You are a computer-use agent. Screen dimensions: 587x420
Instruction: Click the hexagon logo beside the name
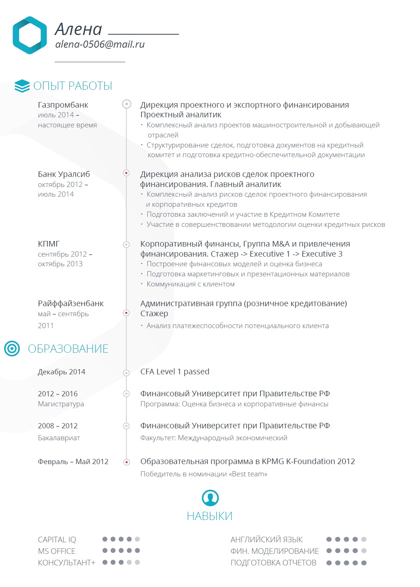click(x=30, y=35)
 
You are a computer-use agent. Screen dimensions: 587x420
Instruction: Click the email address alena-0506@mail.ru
click(x=100, y=44)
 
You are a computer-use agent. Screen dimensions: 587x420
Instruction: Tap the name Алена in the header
click(x=79, y=29)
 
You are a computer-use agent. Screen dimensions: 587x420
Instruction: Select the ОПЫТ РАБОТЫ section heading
click(x=73, y=86)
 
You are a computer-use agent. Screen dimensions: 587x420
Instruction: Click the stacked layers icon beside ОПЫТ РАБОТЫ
click(x=22, y=86)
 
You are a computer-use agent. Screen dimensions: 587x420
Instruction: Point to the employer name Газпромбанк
click(x=63, y=105)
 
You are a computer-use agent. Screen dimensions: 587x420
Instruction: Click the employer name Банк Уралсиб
click(x=64, y=174)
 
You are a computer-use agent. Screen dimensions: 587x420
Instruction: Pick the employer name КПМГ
click(x=49, y=244)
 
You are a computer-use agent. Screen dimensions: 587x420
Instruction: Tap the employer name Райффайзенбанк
click(x=71, y=304)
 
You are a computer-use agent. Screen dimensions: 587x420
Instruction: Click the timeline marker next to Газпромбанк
click(x=127, y=104)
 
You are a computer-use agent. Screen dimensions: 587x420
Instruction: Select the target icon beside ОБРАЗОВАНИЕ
click(x=12, y=349)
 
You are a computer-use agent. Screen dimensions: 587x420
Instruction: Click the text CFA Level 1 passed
click(x=175, y=372)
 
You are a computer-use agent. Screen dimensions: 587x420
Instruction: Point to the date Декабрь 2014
click(x=61, y=372)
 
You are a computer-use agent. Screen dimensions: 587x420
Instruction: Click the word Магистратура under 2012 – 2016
click(x=61, y=404)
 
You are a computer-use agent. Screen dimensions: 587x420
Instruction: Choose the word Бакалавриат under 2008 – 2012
click(x=59, y=438)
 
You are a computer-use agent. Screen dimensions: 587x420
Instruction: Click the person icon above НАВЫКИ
click(x=210, y=498)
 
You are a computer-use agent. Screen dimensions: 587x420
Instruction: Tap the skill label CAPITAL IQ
click(x=57, y=540)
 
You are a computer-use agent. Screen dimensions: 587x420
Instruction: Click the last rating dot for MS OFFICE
click(x=138, y=550)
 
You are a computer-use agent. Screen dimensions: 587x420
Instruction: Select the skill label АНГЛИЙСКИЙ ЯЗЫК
click(x=266, y=540)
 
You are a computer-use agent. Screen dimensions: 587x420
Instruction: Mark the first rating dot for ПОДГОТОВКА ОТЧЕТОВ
click(x=329, y=563)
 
